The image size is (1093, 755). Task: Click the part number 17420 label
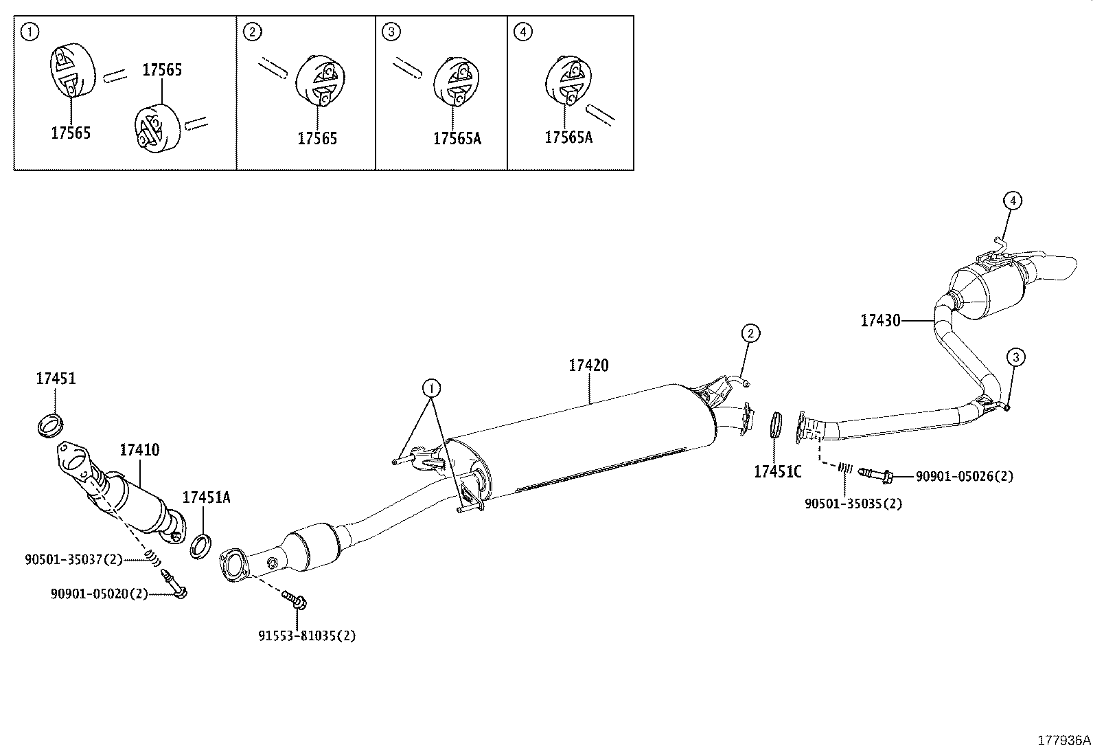pyautogui.click(x=588, y=365)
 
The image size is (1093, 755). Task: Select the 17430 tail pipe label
pyautogui.click(x=880, y=320)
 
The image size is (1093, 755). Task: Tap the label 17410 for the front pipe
pyautogui.click(x=139, y=450)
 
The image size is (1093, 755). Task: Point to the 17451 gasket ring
pyautogui.click(x=51, y=425)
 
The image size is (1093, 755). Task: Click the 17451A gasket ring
pyautogui.click(x=200, y=546)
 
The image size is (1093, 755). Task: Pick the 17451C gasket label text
pyautogui.click(x=778, y=472)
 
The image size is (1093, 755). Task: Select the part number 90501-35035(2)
pyautogui.click(x=853, y=504)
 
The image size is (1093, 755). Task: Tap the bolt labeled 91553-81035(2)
pyautogui.click(x=295, y=600)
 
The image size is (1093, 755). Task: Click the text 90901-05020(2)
pyautogui.click(x=100, y=594)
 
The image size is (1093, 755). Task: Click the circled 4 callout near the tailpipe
pyautogui.click(x=1013, y=201)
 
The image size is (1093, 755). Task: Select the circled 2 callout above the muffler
pyautogui.click(x=750, y=334)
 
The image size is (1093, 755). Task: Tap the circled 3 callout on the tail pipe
pyautogui.click(x=1016, y=357)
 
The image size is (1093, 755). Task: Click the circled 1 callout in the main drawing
pyautogui.click(x=432, y=389)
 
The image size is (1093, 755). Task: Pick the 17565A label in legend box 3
pyautogui.click(x=457, y=139)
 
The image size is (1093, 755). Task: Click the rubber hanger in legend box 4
pyautogui.click(x=568, y=81)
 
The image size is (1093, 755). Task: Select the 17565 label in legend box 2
pyautogui.click(x=317, y=139)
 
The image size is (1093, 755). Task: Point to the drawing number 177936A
pyautogui.click(x=1063, y=741)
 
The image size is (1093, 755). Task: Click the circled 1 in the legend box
pyautogui.click(x=30, y=33)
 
